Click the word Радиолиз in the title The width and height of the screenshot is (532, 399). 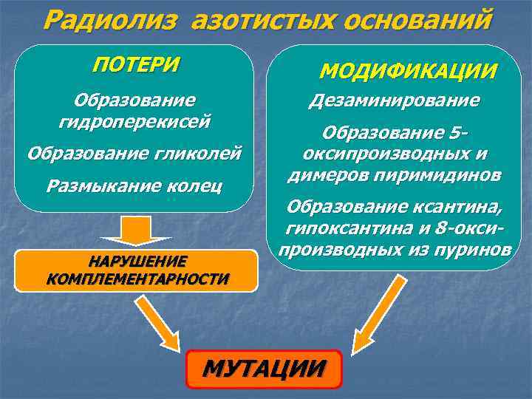109,19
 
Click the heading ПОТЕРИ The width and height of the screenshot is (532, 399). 136,64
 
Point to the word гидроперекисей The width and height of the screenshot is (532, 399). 134,120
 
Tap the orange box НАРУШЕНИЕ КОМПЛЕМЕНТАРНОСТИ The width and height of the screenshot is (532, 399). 137,270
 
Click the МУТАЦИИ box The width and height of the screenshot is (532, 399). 265,369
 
